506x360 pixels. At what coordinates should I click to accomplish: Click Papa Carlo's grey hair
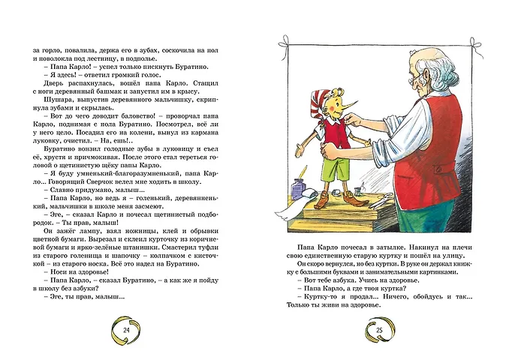pos(443,56)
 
